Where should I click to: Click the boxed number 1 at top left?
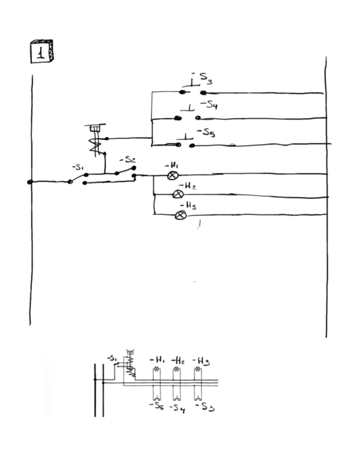[42, 52]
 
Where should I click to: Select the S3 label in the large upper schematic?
[203, 77]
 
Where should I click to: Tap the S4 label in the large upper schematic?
[209, 104]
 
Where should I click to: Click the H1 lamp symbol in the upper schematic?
[173, 175]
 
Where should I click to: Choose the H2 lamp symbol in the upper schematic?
[178, 194]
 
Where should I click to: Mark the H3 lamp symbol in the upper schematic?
[180, 215]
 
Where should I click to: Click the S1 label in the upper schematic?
[77, 167]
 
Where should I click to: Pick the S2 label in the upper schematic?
[128, 160]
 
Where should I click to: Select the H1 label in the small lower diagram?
[157, 360]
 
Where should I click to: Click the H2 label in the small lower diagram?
[178, 360]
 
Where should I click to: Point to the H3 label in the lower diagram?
[201, 361]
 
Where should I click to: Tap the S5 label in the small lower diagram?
[157, 406]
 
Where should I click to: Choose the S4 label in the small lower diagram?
[178, 408]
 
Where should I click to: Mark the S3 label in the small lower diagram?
[204, 407]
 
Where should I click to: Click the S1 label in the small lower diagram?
[112, 358]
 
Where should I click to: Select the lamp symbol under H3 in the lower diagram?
[197, 369]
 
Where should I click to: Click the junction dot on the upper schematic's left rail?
[30, 182]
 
